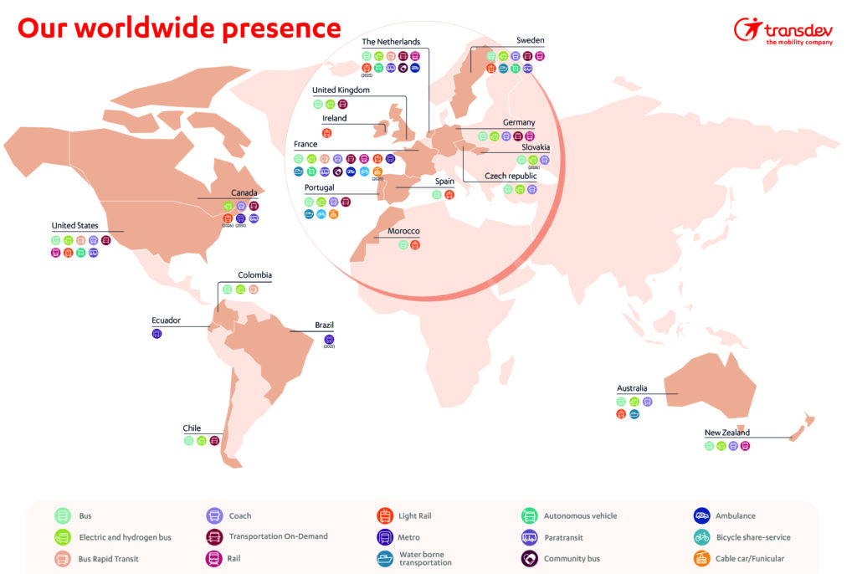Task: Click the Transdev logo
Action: [784, 32]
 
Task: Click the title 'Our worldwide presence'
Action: [179, 28]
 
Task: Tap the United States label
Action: [74, 226]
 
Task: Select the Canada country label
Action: [244, 192]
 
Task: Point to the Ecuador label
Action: [166, 320]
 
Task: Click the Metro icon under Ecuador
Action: [157, 334]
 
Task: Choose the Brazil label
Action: [324, 325]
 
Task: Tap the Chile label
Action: [192, 428]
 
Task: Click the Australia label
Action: [632, 388]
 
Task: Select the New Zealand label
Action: [726, 433]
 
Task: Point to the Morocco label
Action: [403, 231]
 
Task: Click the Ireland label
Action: [334, 119]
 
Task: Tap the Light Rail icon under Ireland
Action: [327, 132]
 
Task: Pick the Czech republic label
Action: [511, 177]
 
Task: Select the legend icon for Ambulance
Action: [701, 516]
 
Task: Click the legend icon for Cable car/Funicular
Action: [701, 558]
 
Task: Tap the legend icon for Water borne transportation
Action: [386, 558]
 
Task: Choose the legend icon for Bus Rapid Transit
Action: [63, 558]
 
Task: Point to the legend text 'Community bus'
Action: [572, 559]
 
